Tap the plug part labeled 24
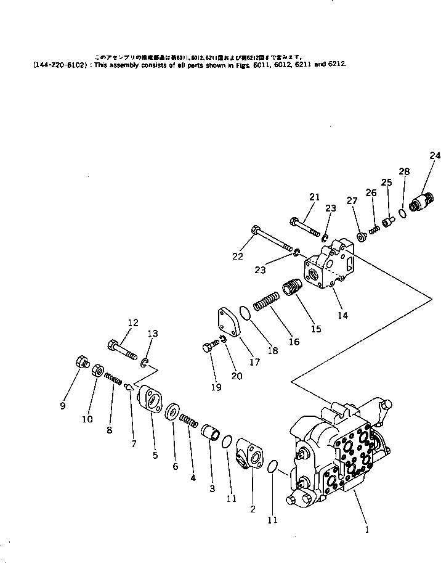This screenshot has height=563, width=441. pos(421,202)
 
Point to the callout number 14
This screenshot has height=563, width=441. pos(342,315)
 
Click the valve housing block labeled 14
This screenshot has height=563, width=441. pos(328,266)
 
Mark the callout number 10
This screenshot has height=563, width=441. pos(87,419)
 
